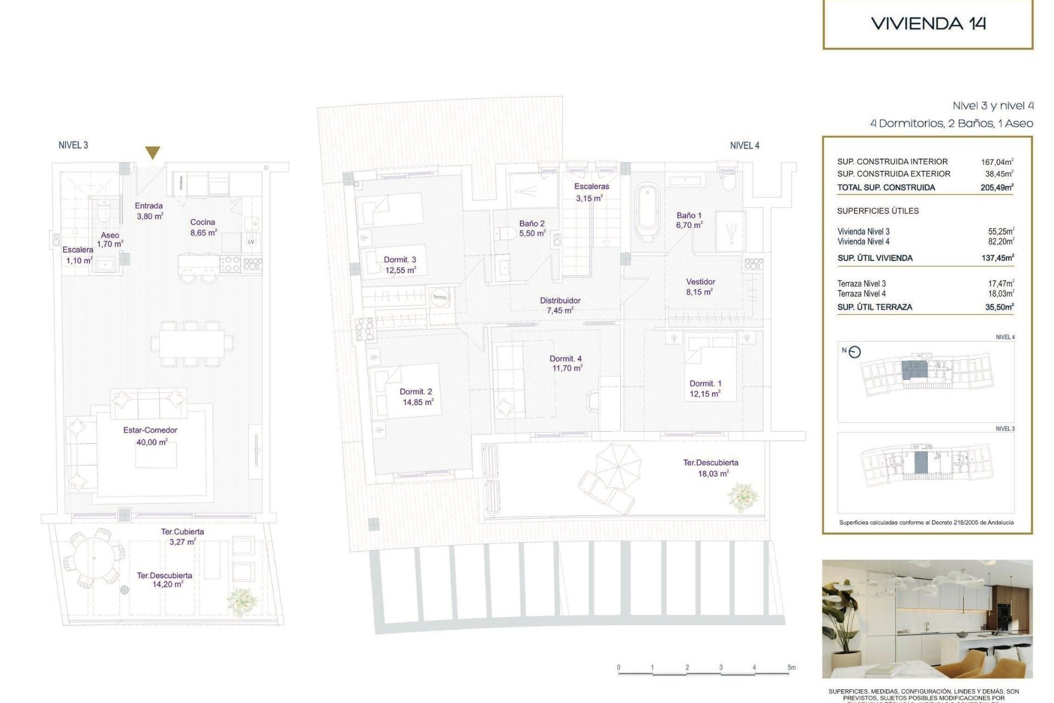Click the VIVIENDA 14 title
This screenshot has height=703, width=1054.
[928, 24]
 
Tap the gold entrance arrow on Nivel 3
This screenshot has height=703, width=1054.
[153, 153]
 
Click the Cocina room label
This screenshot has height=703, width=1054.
[203, 222]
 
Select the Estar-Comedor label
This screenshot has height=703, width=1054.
[150, 431]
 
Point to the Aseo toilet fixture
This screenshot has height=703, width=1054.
[104, 211]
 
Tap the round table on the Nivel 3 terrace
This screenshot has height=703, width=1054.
[93, 557]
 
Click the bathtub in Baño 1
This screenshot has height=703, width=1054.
[647, 213]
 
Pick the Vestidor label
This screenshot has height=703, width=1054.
[700, 282]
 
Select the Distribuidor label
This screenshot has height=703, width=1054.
[560, 301]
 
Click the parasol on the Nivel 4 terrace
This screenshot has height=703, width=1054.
[618, 467]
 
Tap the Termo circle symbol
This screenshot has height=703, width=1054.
[440, 297]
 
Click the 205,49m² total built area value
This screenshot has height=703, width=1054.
[997, 187]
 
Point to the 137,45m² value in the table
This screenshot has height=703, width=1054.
[997, 258]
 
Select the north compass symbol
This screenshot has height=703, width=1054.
[854, 352]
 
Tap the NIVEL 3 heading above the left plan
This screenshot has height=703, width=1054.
[73, 145]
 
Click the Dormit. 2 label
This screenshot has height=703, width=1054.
[416, 392]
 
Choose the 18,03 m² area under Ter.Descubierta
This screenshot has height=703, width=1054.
[713, 473]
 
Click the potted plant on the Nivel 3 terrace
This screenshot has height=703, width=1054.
[241, 601]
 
